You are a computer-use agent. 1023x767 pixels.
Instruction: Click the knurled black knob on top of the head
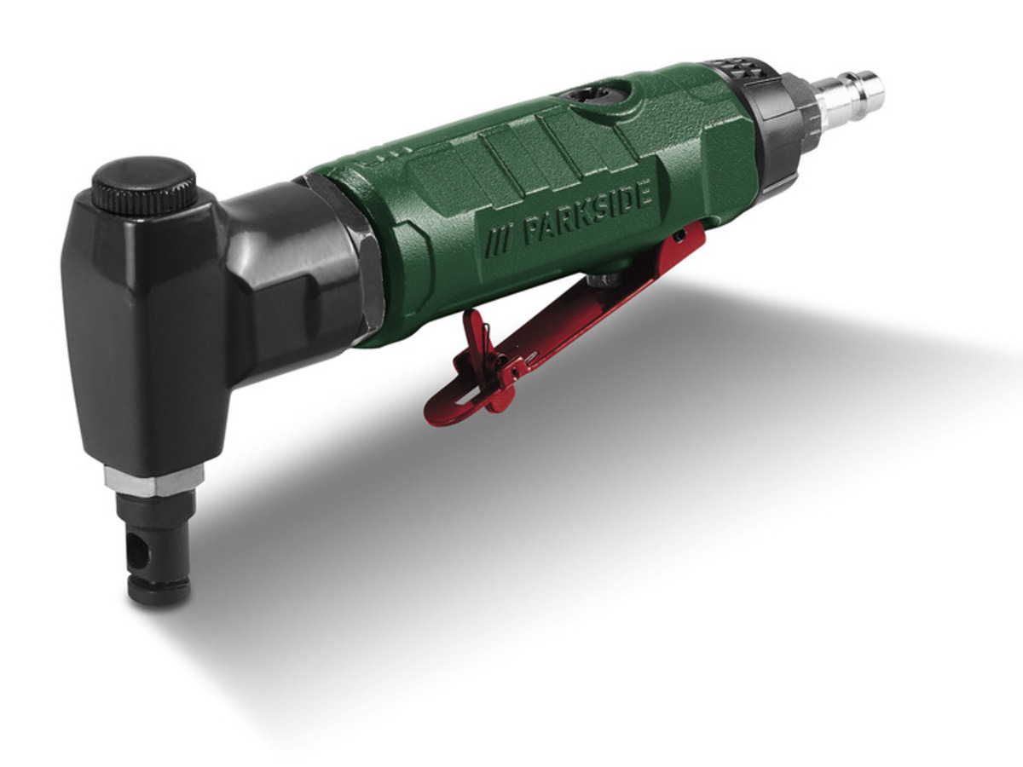click(144, 183)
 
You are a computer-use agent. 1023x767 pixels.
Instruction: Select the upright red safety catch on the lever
click(477, 337)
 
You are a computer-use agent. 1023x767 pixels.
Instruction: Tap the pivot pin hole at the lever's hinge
click(682, 234)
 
